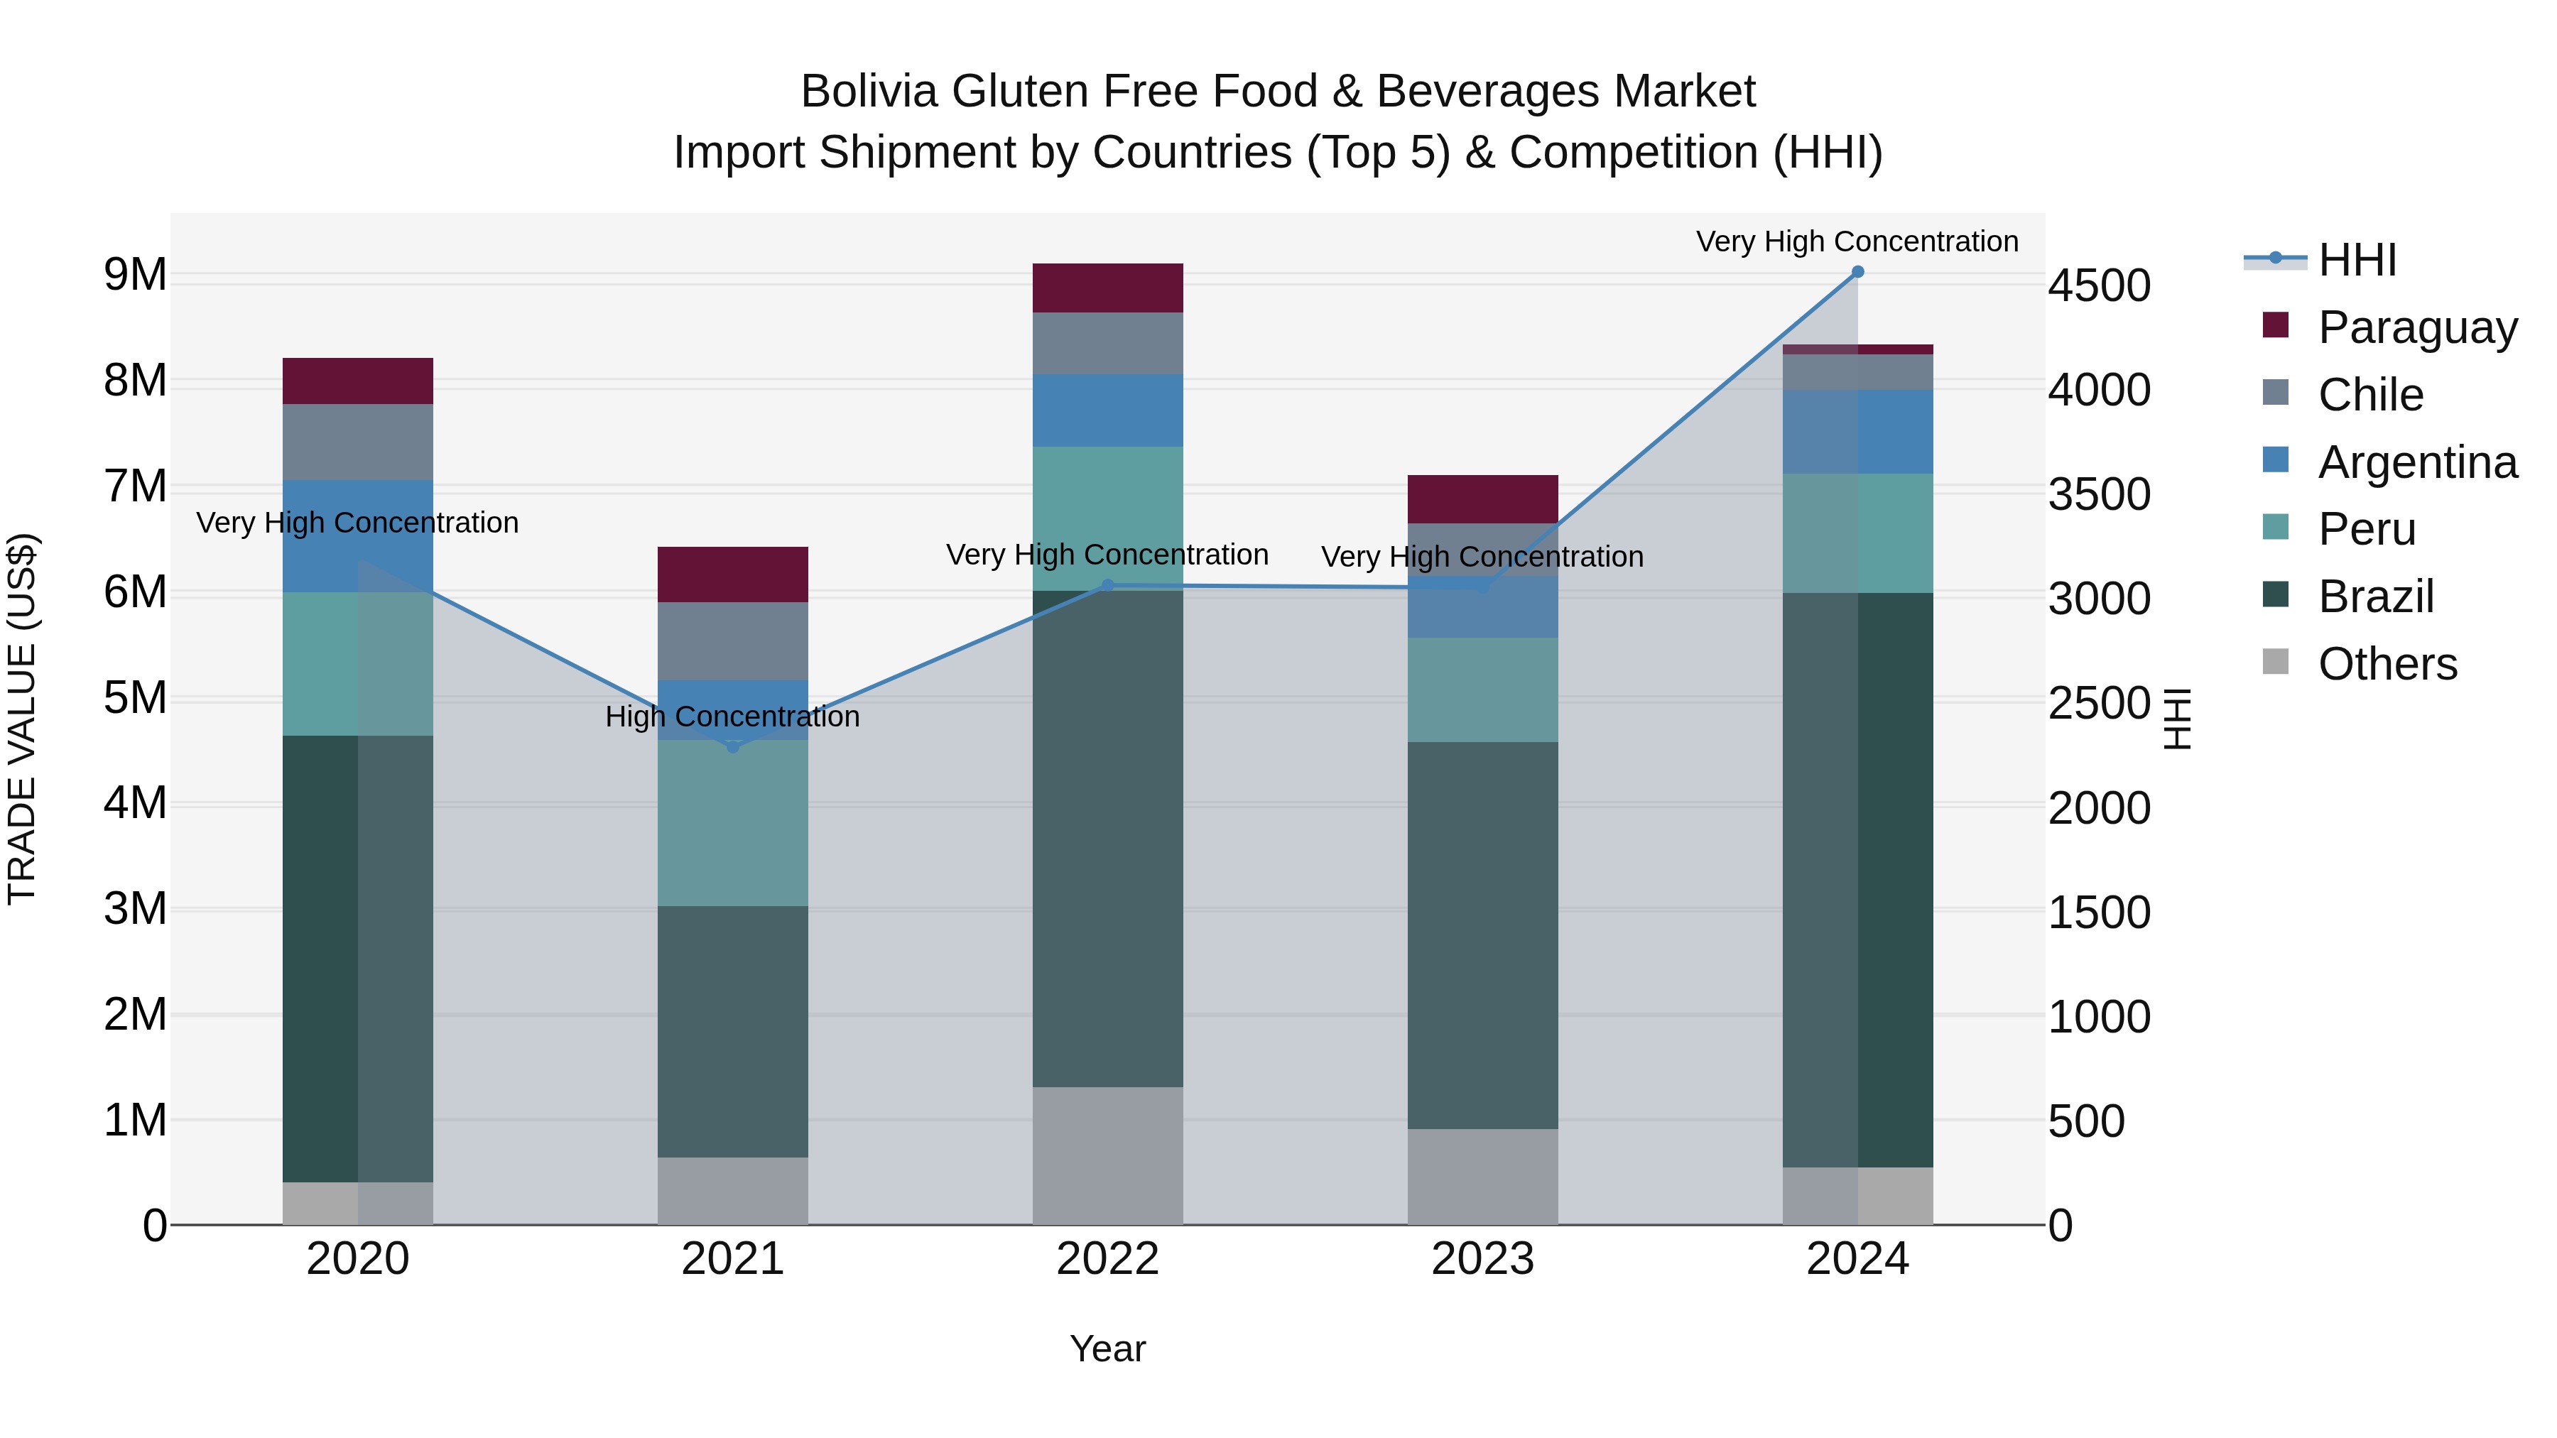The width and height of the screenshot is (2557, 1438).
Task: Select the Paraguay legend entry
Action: tap(2417, 327)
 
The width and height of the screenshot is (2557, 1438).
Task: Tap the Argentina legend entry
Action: tap(2417, 462)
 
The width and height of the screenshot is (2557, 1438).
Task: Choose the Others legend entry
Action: tap(2387, 664)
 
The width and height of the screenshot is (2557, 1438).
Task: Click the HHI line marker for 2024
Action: tap(1857, 272)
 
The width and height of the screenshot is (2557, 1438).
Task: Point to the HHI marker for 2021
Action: tap(732, 746)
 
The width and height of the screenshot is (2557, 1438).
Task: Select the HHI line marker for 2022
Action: tap(1108, 586)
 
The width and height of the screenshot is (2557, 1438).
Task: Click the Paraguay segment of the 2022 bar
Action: tap(1108, 288)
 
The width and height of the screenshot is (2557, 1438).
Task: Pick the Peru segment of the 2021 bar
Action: tap(732, 823)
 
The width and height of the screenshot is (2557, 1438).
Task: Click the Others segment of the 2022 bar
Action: tap(1108, 1155)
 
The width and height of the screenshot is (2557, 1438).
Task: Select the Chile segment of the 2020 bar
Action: tap(357, 442)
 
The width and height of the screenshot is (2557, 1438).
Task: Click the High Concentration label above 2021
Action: tap(732, 717)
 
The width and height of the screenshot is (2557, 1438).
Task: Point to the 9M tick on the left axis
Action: tap(135, 275)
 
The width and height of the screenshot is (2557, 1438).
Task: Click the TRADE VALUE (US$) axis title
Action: tap(22, 719)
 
